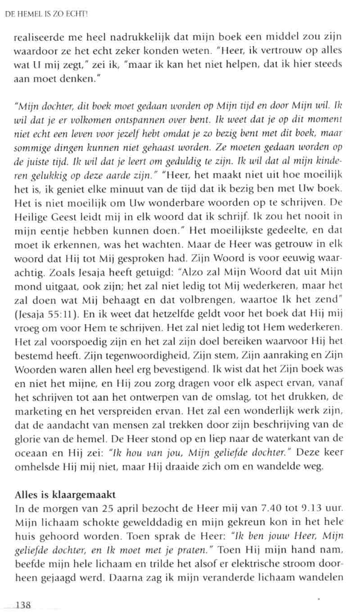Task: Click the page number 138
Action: click(x=22, y=605)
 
